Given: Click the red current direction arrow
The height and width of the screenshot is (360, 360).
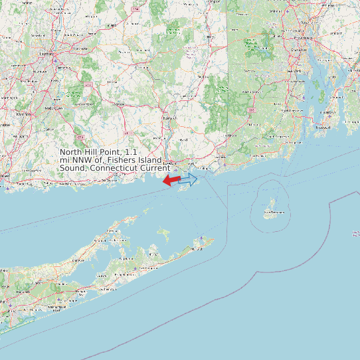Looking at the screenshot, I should [x=171, y=180].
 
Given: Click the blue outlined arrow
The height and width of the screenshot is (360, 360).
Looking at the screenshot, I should [x=189, y=179].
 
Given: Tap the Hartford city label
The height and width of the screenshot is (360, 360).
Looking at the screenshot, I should [x=46, y=52].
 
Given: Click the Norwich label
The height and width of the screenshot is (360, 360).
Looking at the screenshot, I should [x=169, y=118].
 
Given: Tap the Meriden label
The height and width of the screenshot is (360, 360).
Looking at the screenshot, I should [x=25, y=114].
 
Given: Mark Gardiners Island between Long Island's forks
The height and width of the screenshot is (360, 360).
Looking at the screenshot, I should [x=163, y=234].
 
